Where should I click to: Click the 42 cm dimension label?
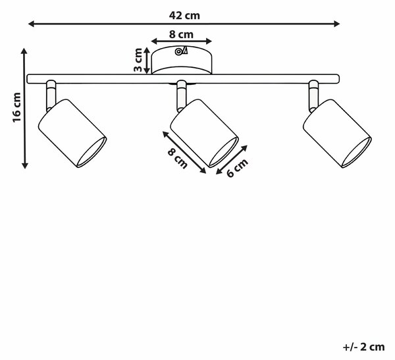point(184,16)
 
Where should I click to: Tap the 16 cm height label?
point(17,107)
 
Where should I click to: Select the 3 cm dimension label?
point(138,60)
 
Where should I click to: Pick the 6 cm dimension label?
point(237,168)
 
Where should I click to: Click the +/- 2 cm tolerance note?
point(363,347)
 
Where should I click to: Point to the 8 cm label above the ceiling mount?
point(181,34)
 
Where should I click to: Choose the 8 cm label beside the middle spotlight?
point(178,158)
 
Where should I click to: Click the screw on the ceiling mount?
point(178,51)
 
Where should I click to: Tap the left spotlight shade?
point(72,133)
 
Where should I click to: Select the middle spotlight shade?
point(204,133)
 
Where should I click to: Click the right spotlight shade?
point(337,134)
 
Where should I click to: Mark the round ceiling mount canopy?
point(182,60)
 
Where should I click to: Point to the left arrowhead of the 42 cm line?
point(31,24)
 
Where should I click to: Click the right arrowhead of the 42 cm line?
point(337,24)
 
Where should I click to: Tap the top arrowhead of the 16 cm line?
point(24,51)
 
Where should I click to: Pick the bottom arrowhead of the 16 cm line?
point(25,165)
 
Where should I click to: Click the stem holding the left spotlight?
point(51,96)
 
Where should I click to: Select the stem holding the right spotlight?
point(313,96)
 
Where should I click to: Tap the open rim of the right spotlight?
point(356,153)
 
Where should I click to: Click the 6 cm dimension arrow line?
point(232,160)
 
